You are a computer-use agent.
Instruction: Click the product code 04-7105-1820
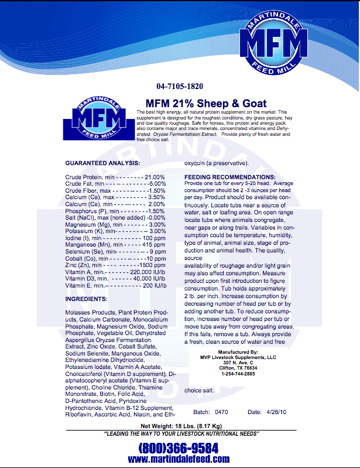180,86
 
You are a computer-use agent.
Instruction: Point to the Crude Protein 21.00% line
115,176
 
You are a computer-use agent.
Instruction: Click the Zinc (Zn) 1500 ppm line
115,265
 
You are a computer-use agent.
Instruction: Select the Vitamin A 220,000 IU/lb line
116,272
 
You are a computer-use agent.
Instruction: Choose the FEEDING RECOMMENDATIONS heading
229,177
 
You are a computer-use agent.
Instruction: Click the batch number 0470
218,412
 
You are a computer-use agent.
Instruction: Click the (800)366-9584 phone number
178,448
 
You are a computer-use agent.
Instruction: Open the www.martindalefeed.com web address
179,460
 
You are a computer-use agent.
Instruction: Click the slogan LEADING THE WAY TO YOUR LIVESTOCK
180,434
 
